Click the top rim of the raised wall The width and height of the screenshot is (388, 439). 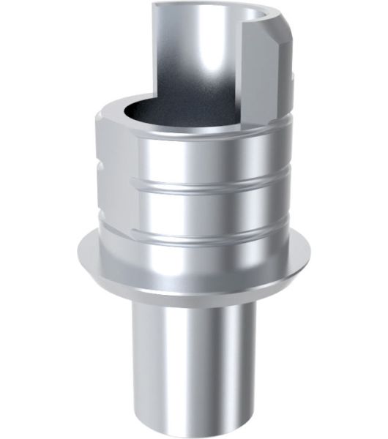[x=212, y=7]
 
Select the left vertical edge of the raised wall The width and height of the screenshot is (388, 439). [x=155, y=51]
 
